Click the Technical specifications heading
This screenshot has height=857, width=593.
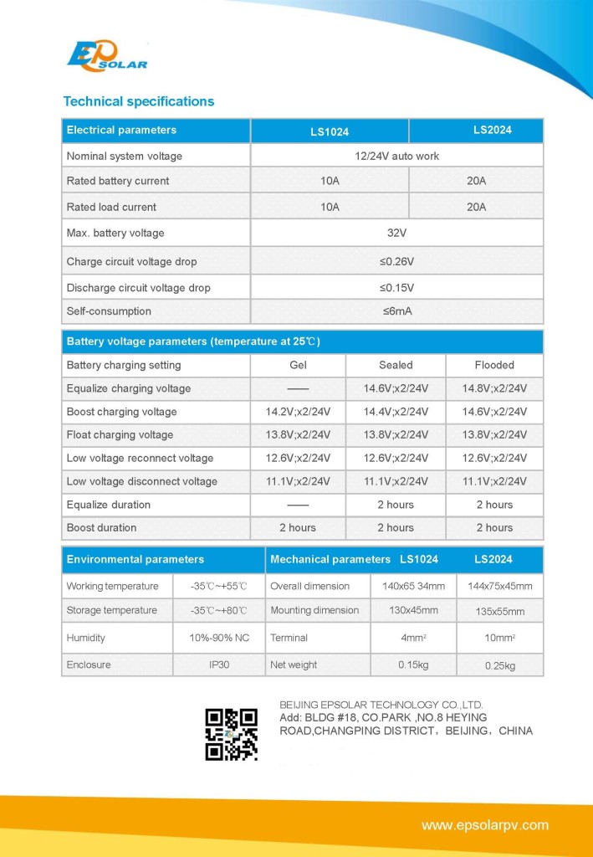tap(139, 101)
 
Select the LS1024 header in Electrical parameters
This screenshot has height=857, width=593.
tap(330, 131)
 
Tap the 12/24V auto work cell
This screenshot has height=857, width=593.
tap(396, 156)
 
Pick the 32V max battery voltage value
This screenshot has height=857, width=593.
tap(396, 233)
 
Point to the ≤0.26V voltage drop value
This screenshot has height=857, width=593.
tap(396, 262)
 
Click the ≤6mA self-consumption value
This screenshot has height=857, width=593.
tap(396, 311)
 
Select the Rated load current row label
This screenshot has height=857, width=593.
tap(111, 207)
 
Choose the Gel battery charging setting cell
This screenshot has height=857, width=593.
tap(298, 365)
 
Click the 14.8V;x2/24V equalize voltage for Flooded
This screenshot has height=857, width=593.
tap(494, 388)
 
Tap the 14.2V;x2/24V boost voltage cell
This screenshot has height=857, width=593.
tap(298, 412)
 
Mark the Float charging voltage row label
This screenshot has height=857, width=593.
tap(120, 434)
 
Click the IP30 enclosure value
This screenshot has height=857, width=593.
tap(219, 665)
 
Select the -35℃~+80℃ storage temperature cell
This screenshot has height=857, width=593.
tap(219, 610)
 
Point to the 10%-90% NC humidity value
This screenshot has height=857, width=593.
tap(219, 638)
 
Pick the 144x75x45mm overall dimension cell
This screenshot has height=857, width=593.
tap(499, 586)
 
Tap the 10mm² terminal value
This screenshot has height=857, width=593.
tap(500, 638)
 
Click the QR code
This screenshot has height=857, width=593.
tap(231, 734)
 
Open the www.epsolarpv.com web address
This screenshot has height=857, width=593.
tap(485, 825)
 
